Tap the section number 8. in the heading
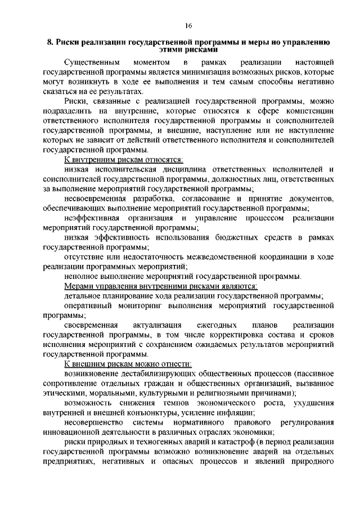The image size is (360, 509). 49,43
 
